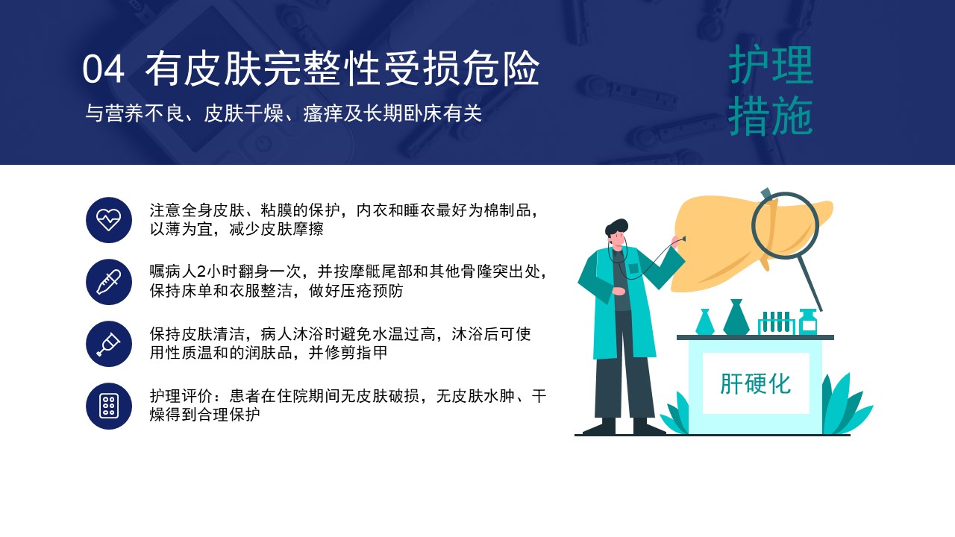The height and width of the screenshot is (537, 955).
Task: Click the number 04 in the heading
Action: click(x=103, y=69)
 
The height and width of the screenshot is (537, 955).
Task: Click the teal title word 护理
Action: click(x=771, y=65)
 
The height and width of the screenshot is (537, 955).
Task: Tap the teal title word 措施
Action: click(x=771, y=116)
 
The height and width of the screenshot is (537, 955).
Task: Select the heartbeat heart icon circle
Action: click(x=109, y=220)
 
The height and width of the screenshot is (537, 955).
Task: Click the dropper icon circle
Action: click(x=109, y=282)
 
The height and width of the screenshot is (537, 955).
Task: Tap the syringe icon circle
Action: click(x=109, y=344)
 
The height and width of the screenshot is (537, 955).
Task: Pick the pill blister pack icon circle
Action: click(x=109, y=406)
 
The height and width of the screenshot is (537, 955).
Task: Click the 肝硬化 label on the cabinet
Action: click(x=756, y=383)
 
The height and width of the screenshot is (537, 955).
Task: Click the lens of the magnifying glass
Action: click(x=785, y=226)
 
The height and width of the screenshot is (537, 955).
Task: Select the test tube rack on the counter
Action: click(x=776, y=323)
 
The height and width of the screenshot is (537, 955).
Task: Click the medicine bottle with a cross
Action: click(x=807, y=321)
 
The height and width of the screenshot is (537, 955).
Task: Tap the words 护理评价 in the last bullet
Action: click(x=181, y=396)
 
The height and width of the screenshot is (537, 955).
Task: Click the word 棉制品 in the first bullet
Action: click(x=507, y=210)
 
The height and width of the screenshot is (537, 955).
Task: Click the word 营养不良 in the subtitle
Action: click(x=144, y=113)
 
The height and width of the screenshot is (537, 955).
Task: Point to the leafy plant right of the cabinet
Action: click(x=846, y=405)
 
